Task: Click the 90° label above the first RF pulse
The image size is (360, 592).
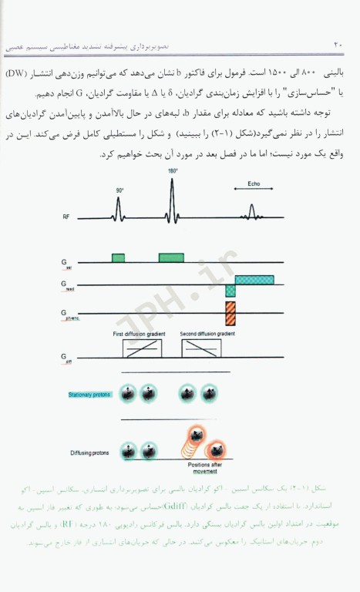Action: click(x=119, y=190)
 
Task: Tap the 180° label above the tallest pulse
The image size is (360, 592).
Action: click(x=172, y=170)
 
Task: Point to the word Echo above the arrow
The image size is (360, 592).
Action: click(x=253, y=185)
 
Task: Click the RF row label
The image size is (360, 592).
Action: click(x=67, y=217)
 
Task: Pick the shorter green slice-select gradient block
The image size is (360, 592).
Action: click(x=118, y=257)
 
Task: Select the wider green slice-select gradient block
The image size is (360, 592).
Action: click(x=172, y=257)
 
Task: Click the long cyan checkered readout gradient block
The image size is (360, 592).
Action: click(x=260, y=279)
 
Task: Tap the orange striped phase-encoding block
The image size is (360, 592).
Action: click(x=230, y=313)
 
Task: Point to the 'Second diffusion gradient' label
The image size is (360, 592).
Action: click(x=208, y=334)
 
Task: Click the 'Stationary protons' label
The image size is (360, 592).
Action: click(x=88, y=395)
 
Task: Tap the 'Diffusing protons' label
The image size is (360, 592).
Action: click(x=87, y=452)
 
